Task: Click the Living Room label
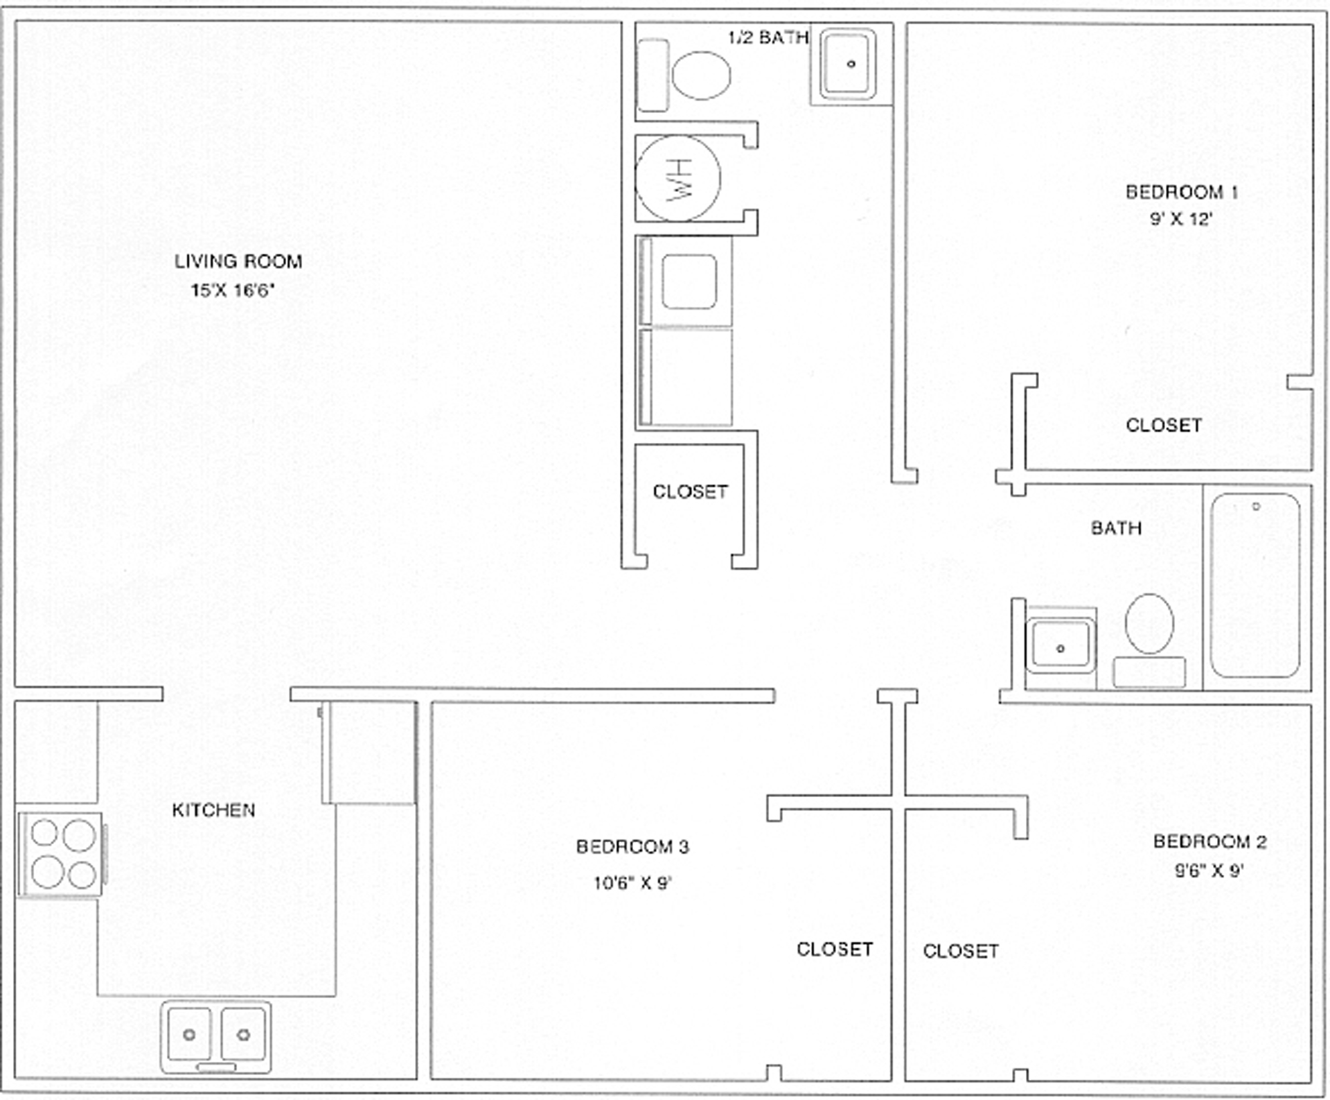(x=238, y=261)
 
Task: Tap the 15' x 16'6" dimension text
(x=233, y=290)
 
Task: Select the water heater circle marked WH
(x=677, y=178)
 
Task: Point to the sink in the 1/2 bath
(x=848, y=64)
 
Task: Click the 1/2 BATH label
(x=768, y=37)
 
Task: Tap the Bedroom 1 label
(x=1182, y=192)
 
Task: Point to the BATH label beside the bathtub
(x=1117, y=528)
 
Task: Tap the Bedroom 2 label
(x=1209, y=841)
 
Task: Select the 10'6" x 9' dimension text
(x=632, y=883)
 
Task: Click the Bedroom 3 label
(x=632, y=846)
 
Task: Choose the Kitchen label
(x=213, y=810)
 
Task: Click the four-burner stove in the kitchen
(x=61, y=855)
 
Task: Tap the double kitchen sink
(x=216, y=1036)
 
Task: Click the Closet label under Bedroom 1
(x=1164, y=425)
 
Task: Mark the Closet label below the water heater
(x=691, y=491)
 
